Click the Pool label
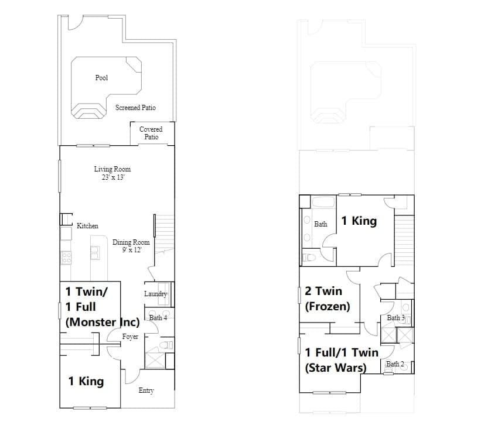[101, 78]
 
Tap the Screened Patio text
[135, 108]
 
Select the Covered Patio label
[151, 133]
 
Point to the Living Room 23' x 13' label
[112, 173]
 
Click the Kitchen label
[87, 226]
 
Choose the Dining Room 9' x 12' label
[131, 246]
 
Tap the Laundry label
[156, 294]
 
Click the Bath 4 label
[158, 318]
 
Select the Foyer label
[130, 337]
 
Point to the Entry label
[146, 390]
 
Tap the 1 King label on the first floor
[86, 381]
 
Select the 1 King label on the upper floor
[359, 221]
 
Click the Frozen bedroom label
[327, 299]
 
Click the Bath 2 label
[395, 364]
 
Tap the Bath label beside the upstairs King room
[320, 224]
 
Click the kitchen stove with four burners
[66, 258]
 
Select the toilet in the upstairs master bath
[309, 257]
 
